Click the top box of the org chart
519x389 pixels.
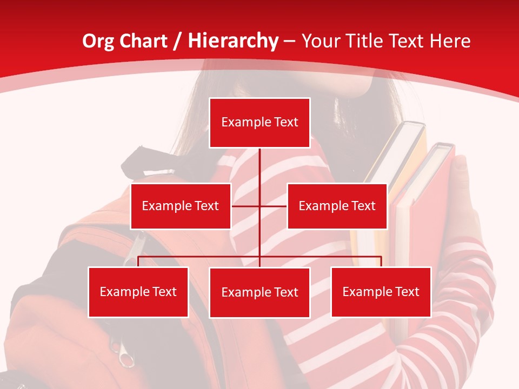click(x=259, y=123)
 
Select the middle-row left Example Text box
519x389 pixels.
click(x=181, y=206)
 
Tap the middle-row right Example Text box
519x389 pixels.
click(x=337, y=206)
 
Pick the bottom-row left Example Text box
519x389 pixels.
click(x=138, y=292)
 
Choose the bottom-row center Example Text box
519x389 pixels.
click(x=259, y=293)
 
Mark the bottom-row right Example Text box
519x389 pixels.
click(x=381, y=292)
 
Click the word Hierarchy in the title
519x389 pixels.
click(x=233, y=41)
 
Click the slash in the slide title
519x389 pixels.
click(x=177, y=41)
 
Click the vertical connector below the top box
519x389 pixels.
click(x=259, y=167)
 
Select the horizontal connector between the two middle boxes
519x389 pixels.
click(x=246, y=206)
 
